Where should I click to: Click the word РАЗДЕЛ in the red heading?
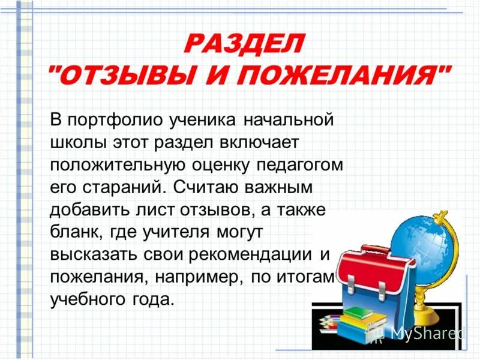[x=244, y=43]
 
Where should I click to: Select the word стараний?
[x=124, y=187]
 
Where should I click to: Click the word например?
[x=197, y=277]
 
